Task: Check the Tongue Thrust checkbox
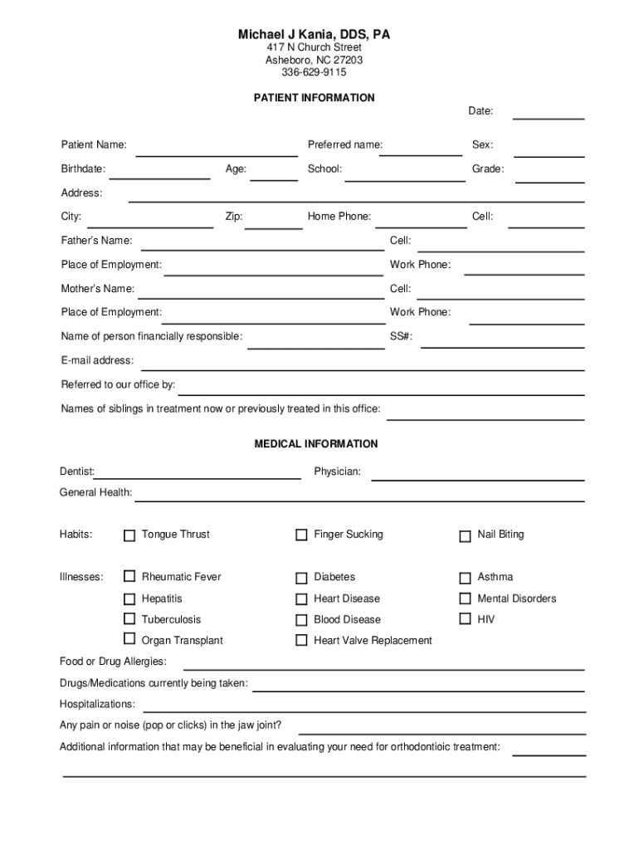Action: pos(129,535)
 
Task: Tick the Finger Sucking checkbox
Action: pos(301,535)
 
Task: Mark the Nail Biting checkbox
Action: pos(465,536)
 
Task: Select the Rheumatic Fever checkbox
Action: pos(129,576)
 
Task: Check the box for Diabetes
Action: pos(301,578)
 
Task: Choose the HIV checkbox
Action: pos(465,618)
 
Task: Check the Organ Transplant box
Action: pos(129,638)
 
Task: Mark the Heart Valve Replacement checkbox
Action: pos(301,641)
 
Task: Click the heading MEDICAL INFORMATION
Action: pos(315,444)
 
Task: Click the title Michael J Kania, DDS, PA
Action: pos(314,35)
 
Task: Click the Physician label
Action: pos(337,471)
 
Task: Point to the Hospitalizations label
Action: pos(97,704)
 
